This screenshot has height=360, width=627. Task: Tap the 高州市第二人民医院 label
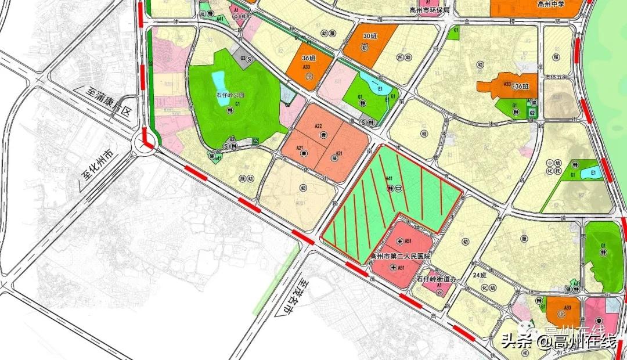point(401,256)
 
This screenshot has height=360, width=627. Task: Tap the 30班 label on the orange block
point(370,36)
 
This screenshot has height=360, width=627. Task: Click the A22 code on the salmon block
point(318,126)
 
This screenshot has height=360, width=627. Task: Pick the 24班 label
point(480,275)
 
